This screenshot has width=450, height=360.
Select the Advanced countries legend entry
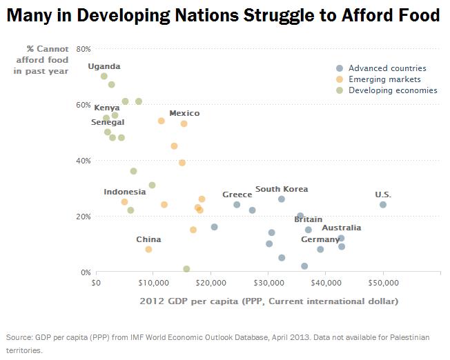(387, 68)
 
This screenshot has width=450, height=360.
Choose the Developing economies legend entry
(393, 90)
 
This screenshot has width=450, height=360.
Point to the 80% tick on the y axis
(84, 49)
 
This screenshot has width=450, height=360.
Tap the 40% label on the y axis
(84, 161)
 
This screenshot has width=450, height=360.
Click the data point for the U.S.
(383, 205)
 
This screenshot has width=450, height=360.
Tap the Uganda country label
(104, 66)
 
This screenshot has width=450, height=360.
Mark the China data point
(148, 250)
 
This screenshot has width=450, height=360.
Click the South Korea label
(282, 189)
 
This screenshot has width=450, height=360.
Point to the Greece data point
(237, 205)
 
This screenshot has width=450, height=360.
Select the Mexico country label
(184, 113)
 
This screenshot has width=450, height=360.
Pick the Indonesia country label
(125, 192)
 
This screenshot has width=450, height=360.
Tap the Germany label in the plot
(320, 239)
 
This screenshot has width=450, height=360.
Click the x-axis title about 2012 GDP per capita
(268, 301)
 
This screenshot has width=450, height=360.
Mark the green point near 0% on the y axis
(186, 269)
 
